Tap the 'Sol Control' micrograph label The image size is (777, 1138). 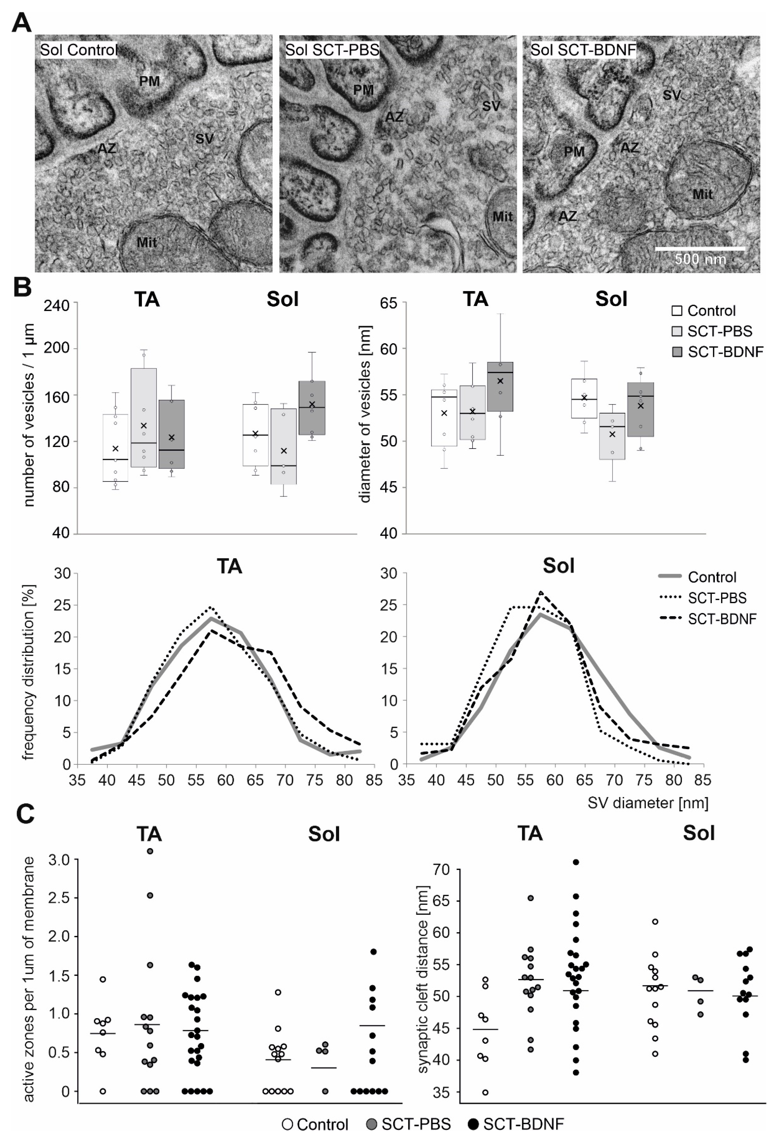78,50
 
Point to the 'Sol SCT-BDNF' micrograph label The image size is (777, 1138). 583,50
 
